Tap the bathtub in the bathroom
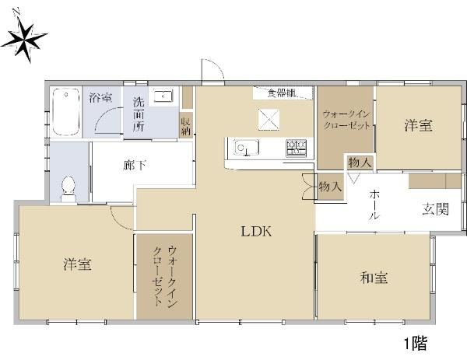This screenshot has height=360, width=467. pyautogui.click(x=66, y=112)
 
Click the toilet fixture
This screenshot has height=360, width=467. pyautogui.click(x=68, y=190)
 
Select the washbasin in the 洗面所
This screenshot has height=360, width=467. pyautogui.click(x=163, y=96)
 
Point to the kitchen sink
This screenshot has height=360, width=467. pyautogui.click(x=246, y=147)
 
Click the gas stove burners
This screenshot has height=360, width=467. pyautogui.click(x=297, y=148)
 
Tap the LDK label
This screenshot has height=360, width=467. pyautogui.click(x=256, y=231)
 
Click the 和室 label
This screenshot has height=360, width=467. pyautogui.click(x=374, y=278)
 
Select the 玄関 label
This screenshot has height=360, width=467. pyautogui.click(x=435, y=209)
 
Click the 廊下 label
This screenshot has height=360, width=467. pyautogui.click(x=135, y=166)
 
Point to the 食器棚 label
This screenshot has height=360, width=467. pyautogui.click(x=282, y=93)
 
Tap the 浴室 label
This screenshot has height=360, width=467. pyautogui.click(x=100, y=97)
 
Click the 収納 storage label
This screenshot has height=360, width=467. pyautogui.click(x=186, y=126)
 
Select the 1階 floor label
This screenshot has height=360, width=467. pyautogui.click(x=416, y=344)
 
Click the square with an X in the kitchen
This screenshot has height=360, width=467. pyautogui.click(x=269, y=120)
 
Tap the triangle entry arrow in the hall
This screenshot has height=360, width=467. pyautogui.click(x=354, y=179)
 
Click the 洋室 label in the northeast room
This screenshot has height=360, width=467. pyautogui.click(x=418, y=125)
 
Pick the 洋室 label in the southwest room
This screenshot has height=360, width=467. pyautogui.click(x=77, y=264)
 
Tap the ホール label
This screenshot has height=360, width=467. pyautogui.click(x=374, y=205)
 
